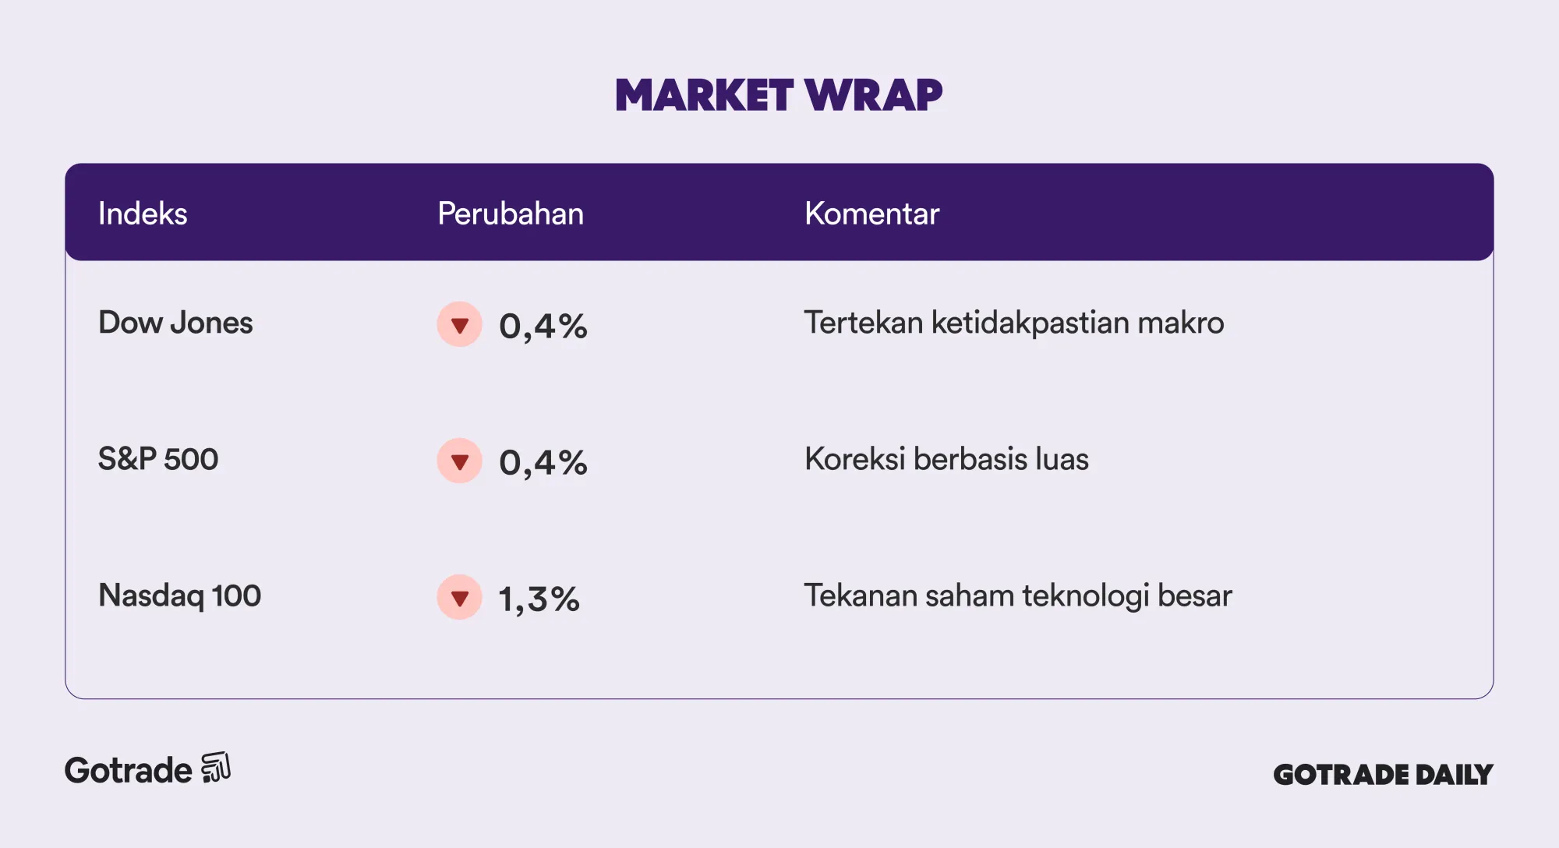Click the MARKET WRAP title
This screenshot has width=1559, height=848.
click(779, 95)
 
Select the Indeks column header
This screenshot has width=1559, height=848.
click(143, 214)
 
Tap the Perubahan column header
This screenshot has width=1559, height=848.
click(511, 214)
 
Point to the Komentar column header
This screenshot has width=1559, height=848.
click(871, 214)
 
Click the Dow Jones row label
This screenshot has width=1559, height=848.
click(175, 323)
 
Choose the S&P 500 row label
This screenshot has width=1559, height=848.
click(158, 459)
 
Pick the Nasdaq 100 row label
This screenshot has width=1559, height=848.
click(179, 595)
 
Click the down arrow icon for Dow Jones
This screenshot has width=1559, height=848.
click(460, 324)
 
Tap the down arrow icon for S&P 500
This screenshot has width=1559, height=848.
click(460, 461)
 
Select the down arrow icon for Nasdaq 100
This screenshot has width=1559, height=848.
click(460, 597)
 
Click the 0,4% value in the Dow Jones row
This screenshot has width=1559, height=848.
click(543, 326)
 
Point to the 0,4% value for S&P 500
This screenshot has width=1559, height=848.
click(543, 462)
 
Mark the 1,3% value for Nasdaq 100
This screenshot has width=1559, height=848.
click(539, 599)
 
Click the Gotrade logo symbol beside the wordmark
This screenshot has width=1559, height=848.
click(216, 768)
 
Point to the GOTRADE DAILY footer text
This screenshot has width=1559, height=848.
click(1383, 774)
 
